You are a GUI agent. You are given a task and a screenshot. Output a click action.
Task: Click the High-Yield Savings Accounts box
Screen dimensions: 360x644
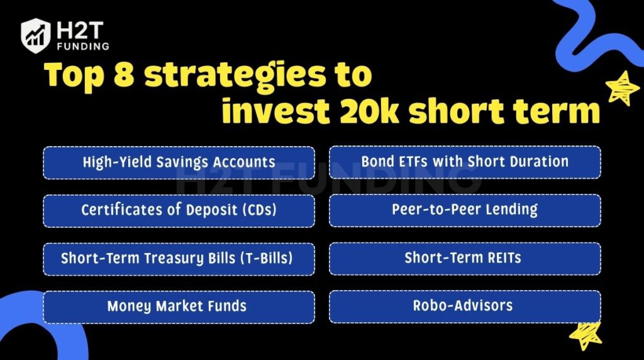[179, 162]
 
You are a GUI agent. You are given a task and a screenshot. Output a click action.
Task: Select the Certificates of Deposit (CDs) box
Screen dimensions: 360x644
[179, 210]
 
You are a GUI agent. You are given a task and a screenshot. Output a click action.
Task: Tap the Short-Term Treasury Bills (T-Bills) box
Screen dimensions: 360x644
[179, 259]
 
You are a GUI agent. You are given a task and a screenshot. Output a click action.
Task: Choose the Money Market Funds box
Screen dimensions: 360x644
[179, 307]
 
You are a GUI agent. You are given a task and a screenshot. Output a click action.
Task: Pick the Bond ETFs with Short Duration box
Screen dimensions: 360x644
[465, 162]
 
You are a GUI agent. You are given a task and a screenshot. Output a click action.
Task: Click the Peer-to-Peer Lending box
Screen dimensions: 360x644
[465, 210]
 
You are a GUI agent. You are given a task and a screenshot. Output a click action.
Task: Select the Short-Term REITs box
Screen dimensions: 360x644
[465, 259]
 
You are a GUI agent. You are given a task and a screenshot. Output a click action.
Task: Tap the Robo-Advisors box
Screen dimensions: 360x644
[465, 307]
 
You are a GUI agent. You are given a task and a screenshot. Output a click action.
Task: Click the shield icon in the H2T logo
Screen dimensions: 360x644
[35, 35]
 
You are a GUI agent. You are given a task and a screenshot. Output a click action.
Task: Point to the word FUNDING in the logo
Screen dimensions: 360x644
[81, 46]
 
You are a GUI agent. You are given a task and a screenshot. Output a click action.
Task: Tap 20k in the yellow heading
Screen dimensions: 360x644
[365, 111]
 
